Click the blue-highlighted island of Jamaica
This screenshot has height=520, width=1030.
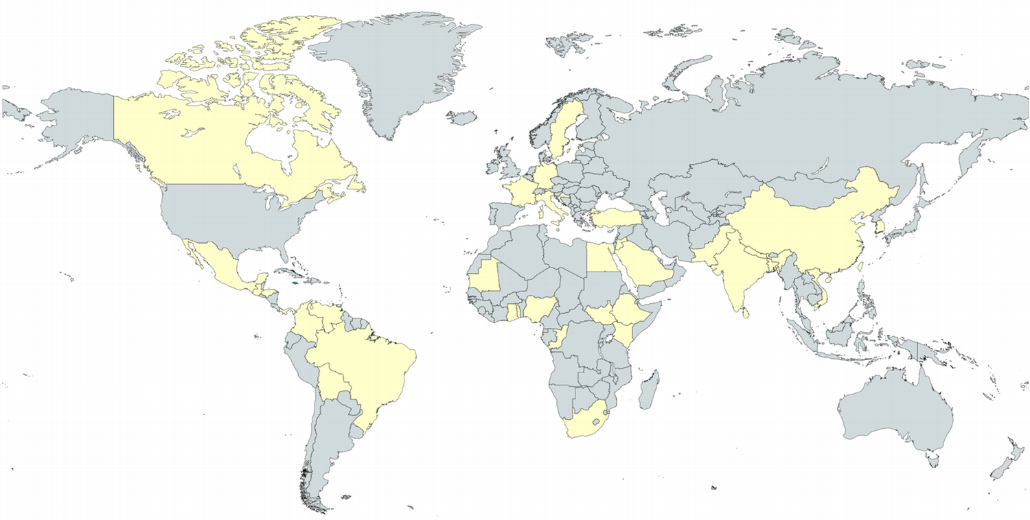295,282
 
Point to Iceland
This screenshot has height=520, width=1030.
462,117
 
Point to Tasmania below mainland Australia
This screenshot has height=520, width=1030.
932,456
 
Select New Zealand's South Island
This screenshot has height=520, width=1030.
1002,469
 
